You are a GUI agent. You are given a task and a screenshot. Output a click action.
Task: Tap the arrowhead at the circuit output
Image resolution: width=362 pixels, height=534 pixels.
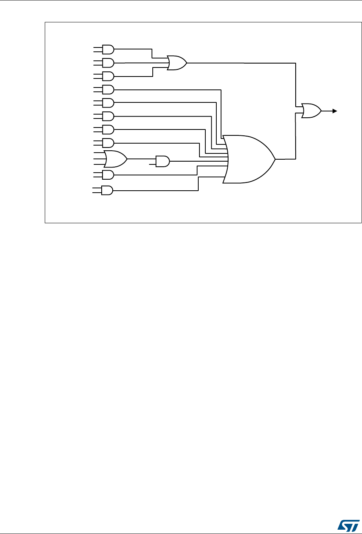pos(335,111)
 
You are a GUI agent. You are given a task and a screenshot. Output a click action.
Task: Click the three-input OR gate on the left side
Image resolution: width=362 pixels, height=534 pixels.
pos(115,159)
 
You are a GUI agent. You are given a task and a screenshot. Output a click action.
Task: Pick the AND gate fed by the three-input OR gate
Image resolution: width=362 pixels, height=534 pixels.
pos(162,161)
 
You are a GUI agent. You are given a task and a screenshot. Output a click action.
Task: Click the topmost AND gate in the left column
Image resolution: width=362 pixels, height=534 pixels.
pos(108,49)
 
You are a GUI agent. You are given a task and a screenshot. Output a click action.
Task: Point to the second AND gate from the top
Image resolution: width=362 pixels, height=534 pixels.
pos(108,63)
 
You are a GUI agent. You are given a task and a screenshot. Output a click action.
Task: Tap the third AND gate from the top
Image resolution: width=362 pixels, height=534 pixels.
pos(108,76)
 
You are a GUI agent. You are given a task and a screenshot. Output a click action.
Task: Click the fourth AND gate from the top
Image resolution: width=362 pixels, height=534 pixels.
pos(108,90)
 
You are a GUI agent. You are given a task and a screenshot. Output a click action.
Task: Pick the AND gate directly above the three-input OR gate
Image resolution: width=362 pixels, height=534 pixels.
pos(108,143)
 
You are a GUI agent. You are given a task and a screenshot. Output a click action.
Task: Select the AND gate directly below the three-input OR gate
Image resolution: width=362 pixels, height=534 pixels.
pos(108,175)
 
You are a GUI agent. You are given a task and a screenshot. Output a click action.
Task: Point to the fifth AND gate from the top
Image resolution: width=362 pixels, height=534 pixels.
pos(108,103)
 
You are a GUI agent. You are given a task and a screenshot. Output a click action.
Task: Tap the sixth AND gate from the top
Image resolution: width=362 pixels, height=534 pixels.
pos(108,116)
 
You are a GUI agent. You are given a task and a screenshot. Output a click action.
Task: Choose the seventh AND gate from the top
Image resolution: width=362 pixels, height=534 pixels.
pos(108,129)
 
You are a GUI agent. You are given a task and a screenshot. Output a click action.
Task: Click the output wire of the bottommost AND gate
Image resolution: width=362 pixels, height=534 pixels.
pos(157,191)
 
